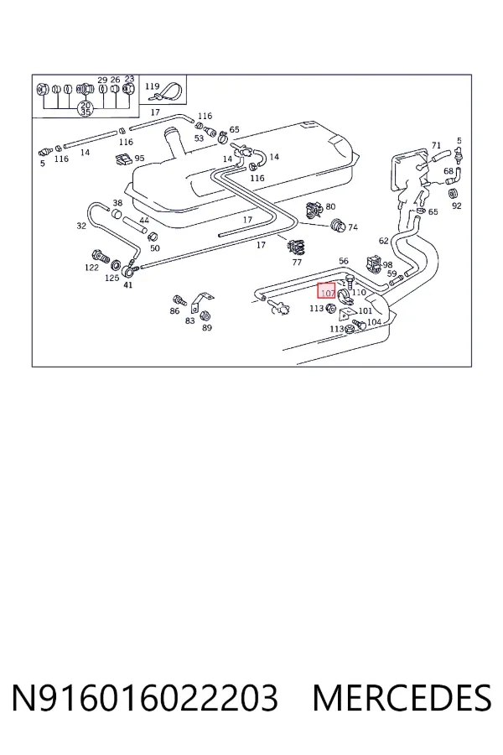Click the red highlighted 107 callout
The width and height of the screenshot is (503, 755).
(326, 291)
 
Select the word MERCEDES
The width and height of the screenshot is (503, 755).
(402, 697)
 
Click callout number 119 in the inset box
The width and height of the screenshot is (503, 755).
(152, 86)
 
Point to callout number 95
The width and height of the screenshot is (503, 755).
(140, 158)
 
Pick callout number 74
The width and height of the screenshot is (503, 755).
(353, 226)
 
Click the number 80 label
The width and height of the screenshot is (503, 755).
(330, 206)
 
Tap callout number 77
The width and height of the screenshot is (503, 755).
(297, 262)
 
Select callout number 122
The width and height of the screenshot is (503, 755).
(91, 268)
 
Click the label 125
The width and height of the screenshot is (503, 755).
(112, 278)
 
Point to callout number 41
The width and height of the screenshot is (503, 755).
(128, 284)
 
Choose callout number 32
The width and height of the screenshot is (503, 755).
(81, 226)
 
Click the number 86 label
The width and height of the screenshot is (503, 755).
(174, 311)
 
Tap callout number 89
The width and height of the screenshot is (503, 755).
(206, 327)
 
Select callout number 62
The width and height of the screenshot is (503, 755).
(383, 240)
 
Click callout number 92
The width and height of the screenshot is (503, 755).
(457, 206)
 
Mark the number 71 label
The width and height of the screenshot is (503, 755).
(436, 145)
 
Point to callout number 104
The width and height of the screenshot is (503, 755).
(374, 321)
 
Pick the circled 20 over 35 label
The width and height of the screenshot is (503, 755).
(86, 108)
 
